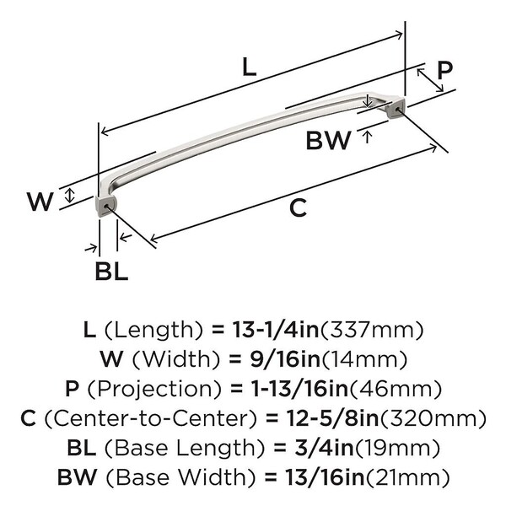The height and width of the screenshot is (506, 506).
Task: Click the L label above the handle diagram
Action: (248, 68)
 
